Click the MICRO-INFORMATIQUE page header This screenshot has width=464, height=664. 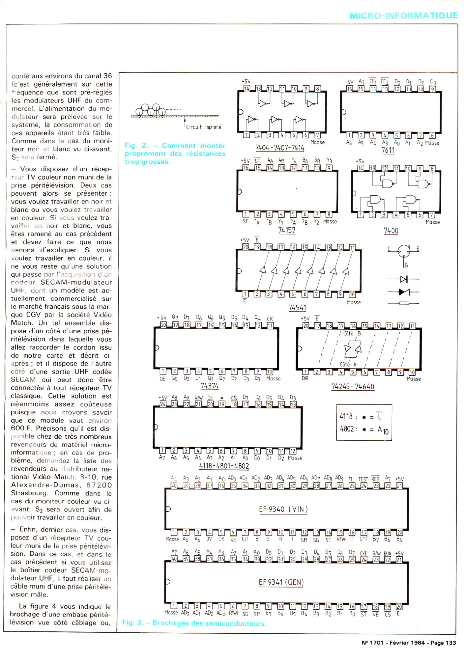[x=403, y=16]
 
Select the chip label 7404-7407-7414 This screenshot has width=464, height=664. [x=280, y=148]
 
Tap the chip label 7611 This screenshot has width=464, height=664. [x=388, y=150]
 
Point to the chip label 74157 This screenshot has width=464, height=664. [x=286, y=230]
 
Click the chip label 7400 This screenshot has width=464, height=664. [x=391, y=231]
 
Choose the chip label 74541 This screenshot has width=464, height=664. [x=297, y=308]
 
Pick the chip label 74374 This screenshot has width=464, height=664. [x=209, y=385]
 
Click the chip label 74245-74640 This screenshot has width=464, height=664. [x=353, y=386]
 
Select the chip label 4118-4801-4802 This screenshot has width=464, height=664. [x=224, y=466]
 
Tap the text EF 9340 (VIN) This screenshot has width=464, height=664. [x=283, y=509]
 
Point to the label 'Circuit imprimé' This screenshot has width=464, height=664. [x=203, y=127]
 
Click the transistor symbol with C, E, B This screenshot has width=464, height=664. [x=404, y=252]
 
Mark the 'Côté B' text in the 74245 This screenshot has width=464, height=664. [x=352, y=333]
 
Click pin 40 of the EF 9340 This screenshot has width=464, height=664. [x=174, y=485]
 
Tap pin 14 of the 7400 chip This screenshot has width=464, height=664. [x=361, y=169]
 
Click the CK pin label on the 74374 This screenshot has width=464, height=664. [x=270, y=318]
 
